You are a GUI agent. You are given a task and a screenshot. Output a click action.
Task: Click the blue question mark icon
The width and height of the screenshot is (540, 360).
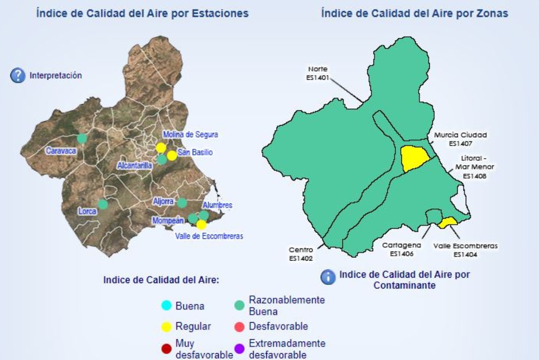point(18,76)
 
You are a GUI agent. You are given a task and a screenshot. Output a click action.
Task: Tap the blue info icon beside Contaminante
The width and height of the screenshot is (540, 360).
point(328,277)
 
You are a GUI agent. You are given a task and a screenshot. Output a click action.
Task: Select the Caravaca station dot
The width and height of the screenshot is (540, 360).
point(82,138)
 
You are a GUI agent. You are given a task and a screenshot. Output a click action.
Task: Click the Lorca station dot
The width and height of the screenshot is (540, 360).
point(103,204)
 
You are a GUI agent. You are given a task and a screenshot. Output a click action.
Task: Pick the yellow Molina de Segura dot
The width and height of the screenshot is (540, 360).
point(161,148)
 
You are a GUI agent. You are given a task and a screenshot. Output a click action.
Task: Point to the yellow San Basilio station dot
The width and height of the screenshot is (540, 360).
point(172,156)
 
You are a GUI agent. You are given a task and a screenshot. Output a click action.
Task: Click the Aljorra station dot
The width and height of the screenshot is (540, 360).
point(182,202)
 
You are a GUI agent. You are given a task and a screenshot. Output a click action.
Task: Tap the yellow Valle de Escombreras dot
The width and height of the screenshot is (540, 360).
point(202,225)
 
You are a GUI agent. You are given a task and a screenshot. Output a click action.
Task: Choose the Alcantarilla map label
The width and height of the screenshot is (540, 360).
point(135,166)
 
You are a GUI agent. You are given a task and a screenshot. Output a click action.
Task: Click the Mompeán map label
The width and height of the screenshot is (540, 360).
point(168,220)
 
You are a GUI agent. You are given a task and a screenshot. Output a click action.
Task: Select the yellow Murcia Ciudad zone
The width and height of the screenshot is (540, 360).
point(414,158)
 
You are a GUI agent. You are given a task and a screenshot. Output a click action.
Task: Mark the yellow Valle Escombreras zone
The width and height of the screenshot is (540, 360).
point(448,222)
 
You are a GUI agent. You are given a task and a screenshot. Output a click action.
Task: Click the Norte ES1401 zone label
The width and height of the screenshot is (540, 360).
point(318,73)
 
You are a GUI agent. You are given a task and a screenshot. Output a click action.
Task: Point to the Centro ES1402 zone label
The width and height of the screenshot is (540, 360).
point(301,254)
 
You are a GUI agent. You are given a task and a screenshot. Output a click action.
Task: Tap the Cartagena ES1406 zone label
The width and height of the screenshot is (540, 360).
point(401,249)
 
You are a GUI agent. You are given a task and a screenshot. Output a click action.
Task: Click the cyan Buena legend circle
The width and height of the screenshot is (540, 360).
point(166,306)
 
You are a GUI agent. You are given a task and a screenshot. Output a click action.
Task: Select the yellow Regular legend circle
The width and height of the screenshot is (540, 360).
point(166,326)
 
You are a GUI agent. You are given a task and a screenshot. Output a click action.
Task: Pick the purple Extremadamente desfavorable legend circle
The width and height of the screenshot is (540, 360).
point(240,349)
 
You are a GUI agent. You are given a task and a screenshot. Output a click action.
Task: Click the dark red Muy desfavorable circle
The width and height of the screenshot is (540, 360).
point(166,349)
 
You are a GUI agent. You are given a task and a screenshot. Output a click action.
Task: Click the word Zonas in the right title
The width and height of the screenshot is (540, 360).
point(492,13)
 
